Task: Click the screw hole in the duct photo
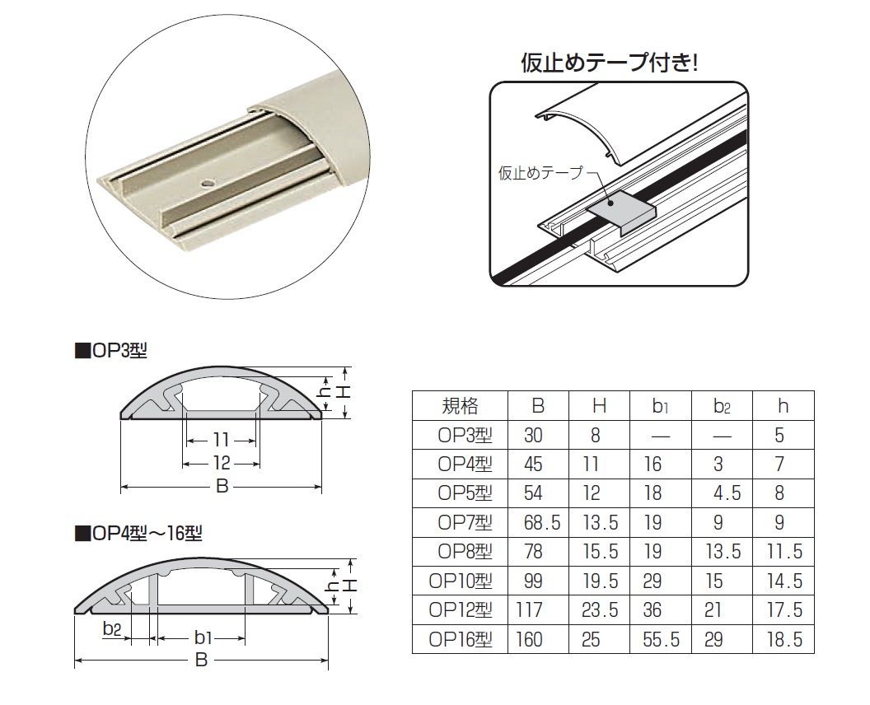click(x=208, y=182)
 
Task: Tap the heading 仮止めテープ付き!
click(x=609, y=63)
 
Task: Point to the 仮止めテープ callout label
click(x=540, y=173)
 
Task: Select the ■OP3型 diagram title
click(x=111, y=351)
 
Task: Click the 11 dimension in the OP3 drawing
click(x=222, y=440)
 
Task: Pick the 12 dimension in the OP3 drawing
click(x=222, y=462)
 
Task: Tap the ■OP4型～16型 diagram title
click(x=138, y=534)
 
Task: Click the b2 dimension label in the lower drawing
click(x=112, y=628)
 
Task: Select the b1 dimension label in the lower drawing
click(x=203, y=638)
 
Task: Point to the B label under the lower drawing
click(x=201, y=660)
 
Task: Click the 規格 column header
click(x=460, y=406)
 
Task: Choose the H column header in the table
click(x=599, y=406)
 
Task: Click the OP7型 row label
click(x=465, y=522)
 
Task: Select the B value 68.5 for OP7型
click(x=542, y=522)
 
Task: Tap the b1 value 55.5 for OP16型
click(x=661, y=640)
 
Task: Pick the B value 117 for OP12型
click(x=529, y=610)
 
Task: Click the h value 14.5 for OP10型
click(x=784, y=581)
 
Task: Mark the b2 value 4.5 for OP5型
click(x=727, y=493)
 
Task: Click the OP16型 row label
click(x=461, y=640)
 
